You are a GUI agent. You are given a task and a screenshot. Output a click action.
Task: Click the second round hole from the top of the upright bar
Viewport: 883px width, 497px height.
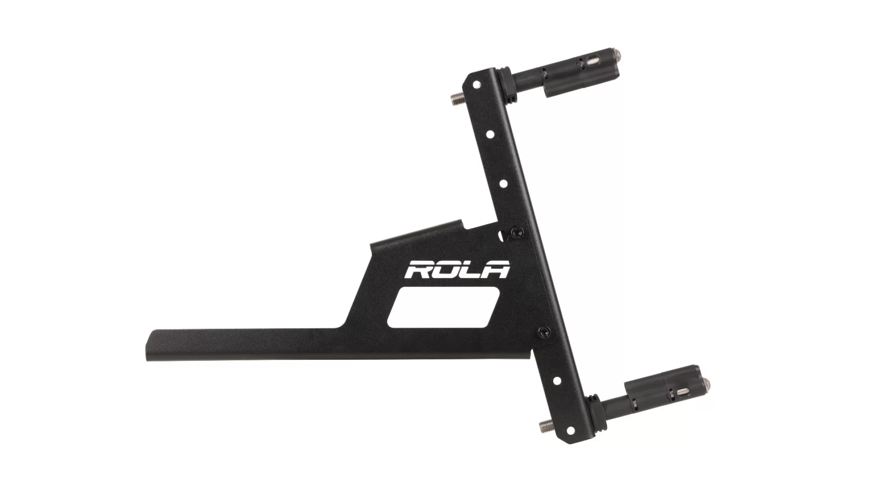click(x=491, y=134)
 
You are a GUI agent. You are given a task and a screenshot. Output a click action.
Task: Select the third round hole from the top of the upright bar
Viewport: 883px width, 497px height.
click(x=504, y=183)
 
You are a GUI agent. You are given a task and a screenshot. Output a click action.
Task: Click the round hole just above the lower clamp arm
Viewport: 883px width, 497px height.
click(x=557, y=381)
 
